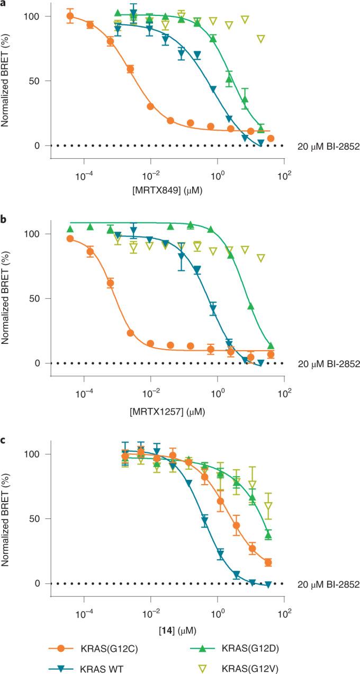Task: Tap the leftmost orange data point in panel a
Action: tap(70, 16)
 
